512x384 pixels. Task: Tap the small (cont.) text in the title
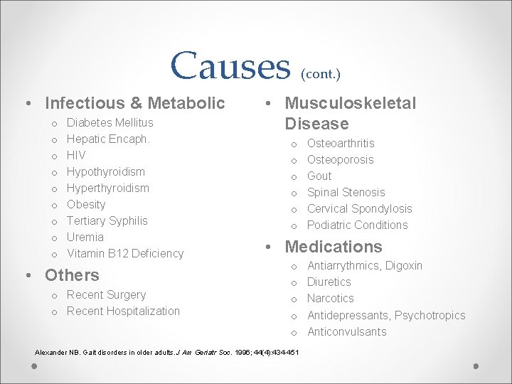[x=321, y=73]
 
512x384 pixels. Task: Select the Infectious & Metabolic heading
[x=134, y=103]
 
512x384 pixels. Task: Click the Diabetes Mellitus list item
[x=110, y=123]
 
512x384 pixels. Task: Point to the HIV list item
[x=76, y=155]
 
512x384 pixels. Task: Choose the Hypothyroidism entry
[x=105, y=171]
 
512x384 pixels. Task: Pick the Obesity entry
[x=86, y=204]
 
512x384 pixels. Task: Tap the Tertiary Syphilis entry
[x=107, y=220]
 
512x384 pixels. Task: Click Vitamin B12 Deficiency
[x=125, y=253]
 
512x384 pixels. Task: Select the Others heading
[x=72, y=275]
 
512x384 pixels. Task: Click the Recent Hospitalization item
[x=123, y=311]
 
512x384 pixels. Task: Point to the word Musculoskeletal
[x=350, y=103]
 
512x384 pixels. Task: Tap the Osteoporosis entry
[x=340, y=159]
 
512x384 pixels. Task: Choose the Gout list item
[x=319, y=176]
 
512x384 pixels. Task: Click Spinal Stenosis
[x=346, y=192]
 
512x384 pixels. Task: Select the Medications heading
[x=334, y=247]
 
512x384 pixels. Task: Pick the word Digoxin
[x=404, y=265]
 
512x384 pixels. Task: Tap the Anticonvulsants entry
[x=346, y=331]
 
